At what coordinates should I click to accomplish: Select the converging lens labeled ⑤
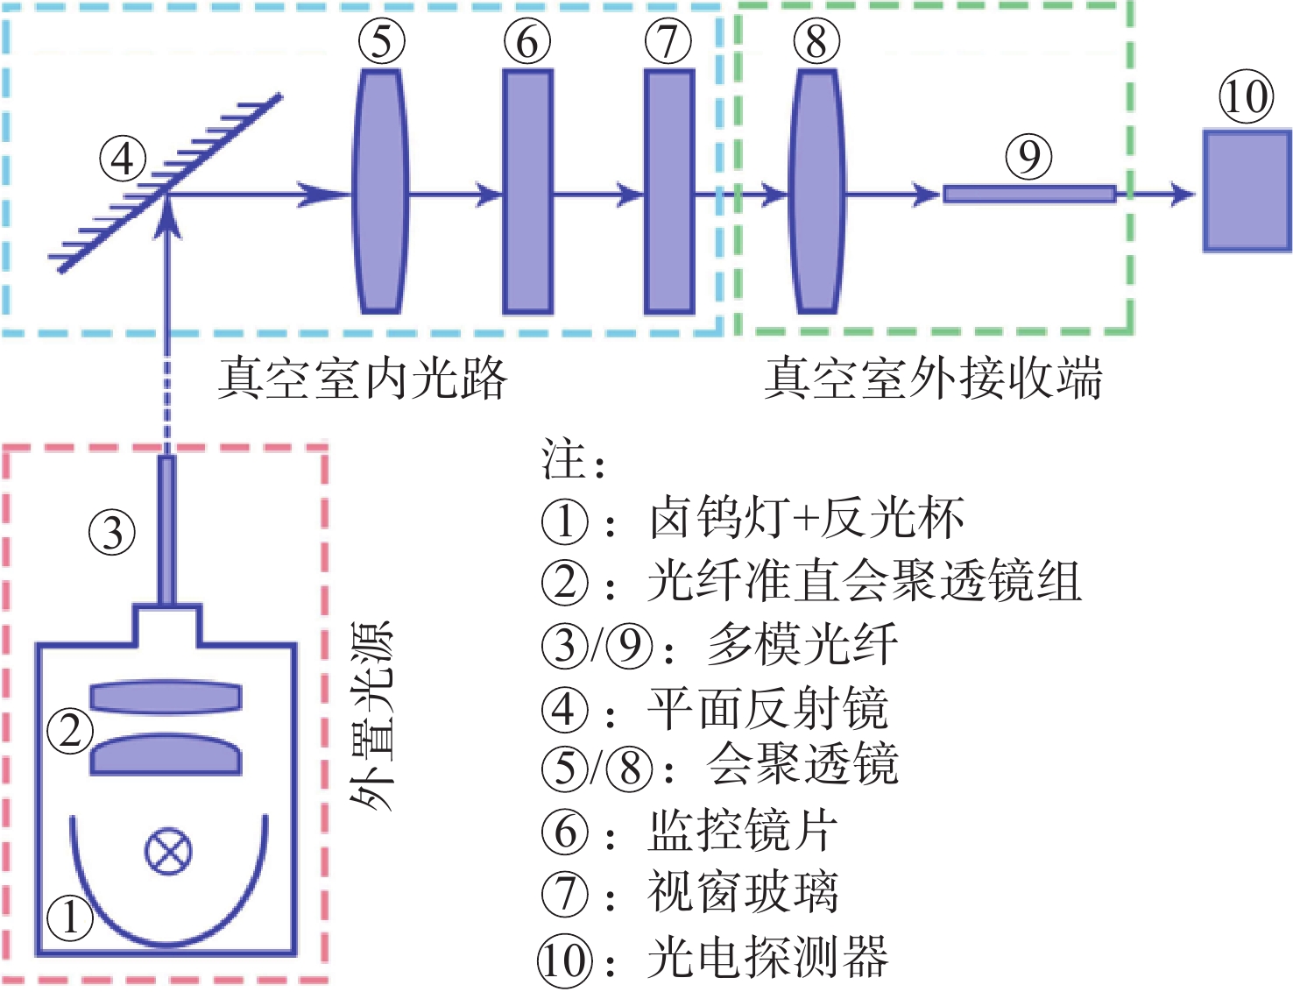381,191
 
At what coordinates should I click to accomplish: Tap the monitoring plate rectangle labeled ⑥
527,191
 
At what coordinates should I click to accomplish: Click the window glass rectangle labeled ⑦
669,191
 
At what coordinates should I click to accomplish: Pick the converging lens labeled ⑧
816,191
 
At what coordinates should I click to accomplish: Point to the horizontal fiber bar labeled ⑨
1028,194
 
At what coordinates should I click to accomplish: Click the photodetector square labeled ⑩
1247,191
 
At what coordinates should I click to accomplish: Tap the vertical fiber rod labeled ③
166,530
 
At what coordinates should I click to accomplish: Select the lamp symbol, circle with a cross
168,851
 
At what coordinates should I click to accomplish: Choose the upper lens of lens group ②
166,698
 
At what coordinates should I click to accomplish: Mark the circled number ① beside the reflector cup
69,918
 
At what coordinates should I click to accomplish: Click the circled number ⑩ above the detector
1246,96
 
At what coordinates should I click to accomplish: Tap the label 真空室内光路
362,379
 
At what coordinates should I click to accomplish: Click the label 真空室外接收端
932,379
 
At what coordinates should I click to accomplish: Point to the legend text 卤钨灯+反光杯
806,519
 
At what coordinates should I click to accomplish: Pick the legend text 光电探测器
767,957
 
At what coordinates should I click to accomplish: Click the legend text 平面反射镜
767,708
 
